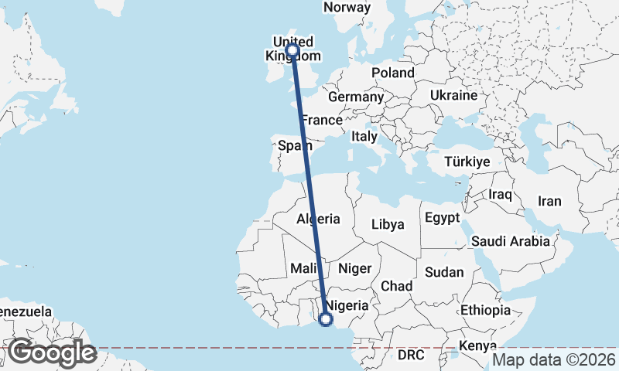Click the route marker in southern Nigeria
[326, 318]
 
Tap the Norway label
[347, 8]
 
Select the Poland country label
[393, 73]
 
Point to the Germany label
[356, 98]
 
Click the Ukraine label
[454, 96]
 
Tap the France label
[322, 121]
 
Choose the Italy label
[364, 136]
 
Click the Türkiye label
[467, 162]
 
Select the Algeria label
[318, 220]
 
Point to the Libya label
[388, 225]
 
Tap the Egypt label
[443, 217]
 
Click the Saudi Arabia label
[510, 241]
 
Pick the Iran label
[549, 201]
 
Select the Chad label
[397, 286]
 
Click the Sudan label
[444, 272]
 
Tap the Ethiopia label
[485, 311]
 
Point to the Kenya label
[477, 345]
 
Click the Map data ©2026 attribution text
[554, 359]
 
